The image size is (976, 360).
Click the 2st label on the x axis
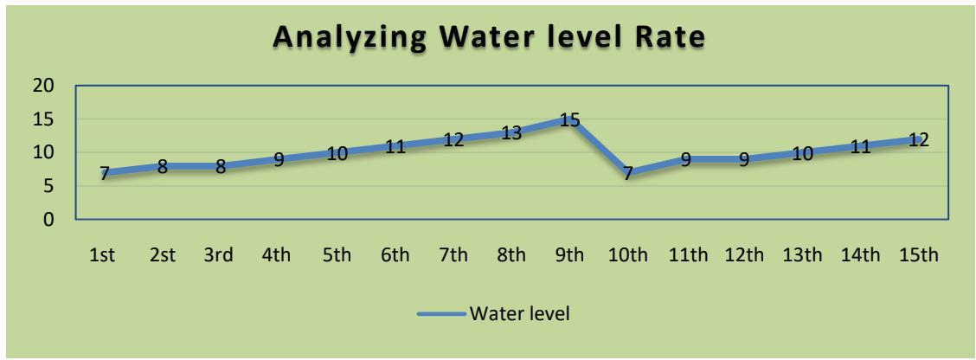point(162,257)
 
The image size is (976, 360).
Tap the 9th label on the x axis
point(569,257)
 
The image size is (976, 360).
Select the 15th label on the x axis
point(918,257)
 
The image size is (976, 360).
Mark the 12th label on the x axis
point(744,257)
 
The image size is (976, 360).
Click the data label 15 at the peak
point(569,119)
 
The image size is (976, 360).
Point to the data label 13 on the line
point(510,133)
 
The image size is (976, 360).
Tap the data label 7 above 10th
point(627,173)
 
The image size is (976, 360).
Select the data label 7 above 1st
point(105,173)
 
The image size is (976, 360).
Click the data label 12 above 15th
point(918,139)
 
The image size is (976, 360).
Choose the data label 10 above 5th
point(337,153)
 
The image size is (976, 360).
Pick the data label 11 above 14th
point(860,146)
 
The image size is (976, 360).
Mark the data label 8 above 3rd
point(221,167)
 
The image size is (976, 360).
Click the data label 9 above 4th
point(279,160)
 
